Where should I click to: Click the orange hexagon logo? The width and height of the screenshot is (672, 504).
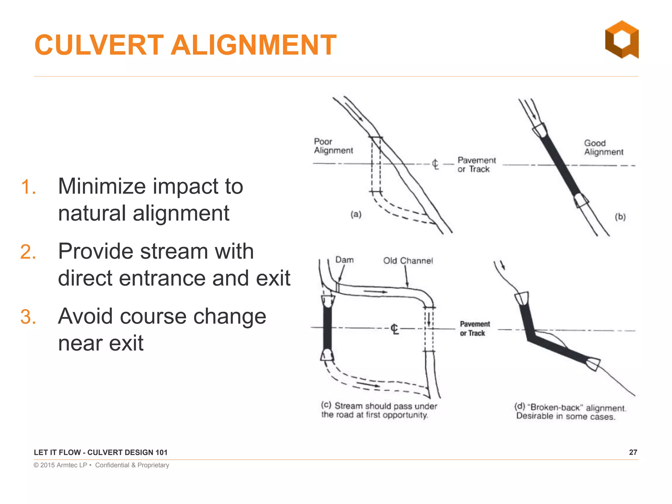pyautogui.click(x=622, y=40)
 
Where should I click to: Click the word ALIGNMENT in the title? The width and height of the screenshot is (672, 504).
pyautogui.click(x=254, y=45)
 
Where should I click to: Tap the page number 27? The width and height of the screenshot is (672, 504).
pyautogui.click(x=633, y=452)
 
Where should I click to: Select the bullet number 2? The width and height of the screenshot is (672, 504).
pyautogui.click(x=28, y=252)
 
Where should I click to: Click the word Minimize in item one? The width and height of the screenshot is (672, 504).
pyautogui.click(x=102, y=186)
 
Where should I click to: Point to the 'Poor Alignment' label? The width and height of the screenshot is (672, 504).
pyautogui.click(x=333, y=146)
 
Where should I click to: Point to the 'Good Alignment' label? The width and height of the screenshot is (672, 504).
pyautogui.click(x=603, y=148)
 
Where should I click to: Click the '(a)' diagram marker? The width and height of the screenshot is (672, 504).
pyautogui.click(x=356, y=215)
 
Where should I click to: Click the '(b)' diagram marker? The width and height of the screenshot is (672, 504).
pyautogui.click(x=620, y=217)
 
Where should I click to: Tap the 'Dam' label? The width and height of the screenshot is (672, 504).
pyautogui.click(x=344, y=260)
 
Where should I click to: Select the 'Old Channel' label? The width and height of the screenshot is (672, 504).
pyautogui.click(x=408, y=261)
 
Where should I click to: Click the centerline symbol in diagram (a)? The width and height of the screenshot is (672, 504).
pyautogui.click(x=435, y=164)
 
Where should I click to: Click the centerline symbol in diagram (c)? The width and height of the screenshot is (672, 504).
pyautogui.click(x=395, y=328)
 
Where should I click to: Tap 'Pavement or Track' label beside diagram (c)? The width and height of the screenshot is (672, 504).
pyautogui.click(x=474, y=328)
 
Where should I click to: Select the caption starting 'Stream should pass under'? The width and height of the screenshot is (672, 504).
pyautogui.click(x=379, y=410)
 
